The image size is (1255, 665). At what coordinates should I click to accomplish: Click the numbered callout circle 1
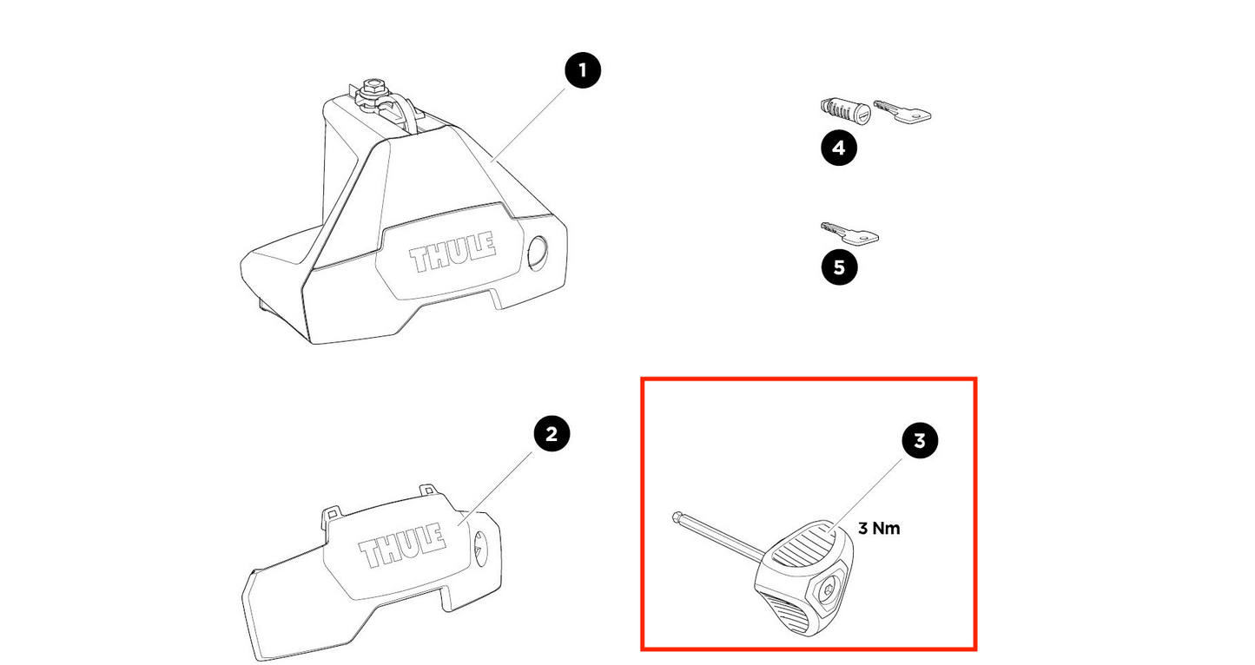coord(582,70)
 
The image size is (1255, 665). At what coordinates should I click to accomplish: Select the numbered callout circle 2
coord(552,432)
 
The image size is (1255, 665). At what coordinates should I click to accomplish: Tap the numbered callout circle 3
coord(920,441)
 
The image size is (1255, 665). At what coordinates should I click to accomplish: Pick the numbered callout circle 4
coord(838,148)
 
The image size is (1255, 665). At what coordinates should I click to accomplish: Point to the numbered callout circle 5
coord(838,267)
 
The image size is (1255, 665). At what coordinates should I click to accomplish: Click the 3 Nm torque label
coord(879,528)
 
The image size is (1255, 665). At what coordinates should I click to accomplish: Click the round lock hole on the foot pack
coord(537,252)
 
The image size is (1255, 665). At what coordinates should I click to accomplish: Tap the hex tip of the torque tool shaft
coord(677,519)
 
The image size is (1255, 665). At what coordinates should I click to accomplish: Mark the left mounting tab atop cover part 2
coord(331,516)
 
